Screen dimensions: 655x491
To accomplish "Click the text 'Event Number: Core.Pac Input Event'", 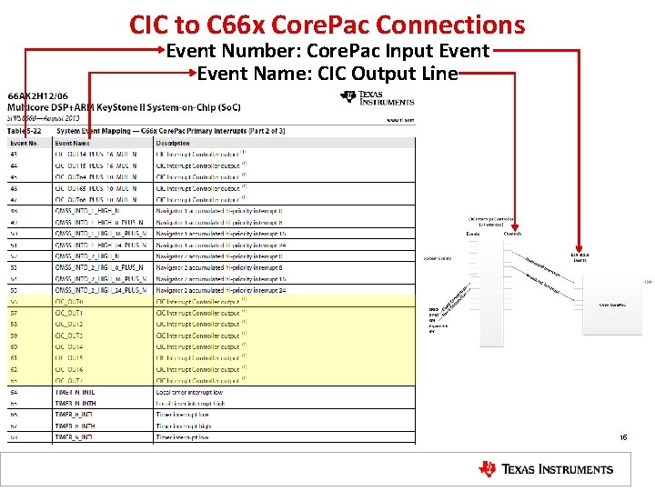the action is (x=327, y=51).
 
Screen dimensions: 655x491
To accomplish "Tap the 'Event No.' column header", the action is (x=24, y=143).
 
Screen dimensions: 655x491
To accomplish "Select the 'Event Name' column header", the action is (x=73, y=143).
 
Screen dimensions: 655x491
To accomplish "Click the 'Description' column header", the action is (x=173, y=143).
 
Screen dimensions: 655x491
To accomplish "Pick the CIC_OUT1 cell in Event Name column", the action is (x=69, y=313).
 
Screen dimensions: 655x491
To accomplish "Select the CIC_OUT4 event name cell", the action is (x=69, y=346).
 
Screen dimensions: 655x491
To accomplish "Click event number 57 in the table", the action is (x=14, y=313).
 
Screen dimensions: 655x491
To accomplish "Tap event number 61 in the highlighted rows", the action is (x=14, y=358).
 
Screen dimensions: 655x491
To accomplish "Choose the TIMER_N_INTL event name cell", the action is (x=76, y=392).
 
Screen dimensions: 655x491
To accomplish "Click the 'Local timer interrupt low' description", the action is (x=189, y=392).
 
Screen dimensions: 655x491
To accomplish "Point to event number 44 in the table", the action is (x=14, y=165).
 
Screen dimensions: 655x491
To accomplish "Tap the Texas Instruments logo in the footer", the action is (x=546, y=469).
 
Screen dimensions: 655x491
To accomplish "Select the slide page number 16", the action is (x=623, y=437).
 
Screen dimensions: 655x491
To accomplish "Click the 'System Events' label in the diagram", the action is (x=438, y=259).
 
